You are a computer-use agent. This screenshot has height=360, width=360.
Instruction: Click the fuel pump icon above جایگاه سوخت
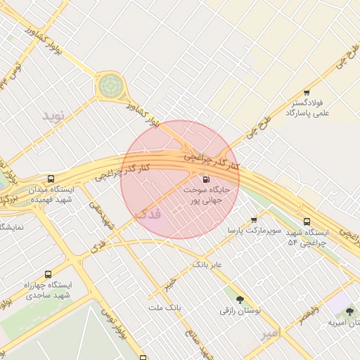click(x=205, y=179)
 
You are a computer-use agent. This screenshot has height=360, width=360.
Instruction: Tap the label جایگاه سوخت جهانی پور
click(x=206, y=194)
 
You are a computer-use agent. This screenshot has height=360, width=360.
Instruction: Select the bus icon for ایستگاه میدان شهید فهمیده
click(x=51, y=179)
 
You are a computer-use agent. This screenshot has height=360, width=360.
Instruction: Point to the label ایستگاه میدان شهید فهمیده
click(x=52, y=195)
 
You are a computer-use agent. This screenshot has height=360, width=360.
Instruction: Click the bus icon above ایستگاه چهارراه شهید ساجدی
click(x=48, y=274)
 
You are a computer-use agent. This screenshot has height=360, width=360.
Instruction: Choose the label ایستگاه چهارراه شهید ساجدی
click(x=49, y=290)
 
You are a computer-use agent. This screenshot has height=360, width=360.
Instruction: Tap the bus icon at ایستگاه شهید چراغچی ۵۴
click(x=307, y=222)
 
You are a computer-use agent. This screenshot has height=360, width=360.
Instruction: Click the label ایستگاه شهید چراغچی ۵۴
click(x=307, y=237)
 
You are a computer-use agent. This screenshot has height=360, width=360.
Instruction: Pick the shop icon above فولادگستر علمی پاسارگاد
click(x=307, y=92)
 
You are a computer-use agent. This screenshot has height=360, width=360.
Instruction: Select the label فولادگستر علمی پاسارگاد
click(x=308, y=108)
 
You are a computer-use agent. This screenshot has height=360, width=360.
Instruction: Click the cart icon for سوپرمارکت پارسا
click(x=254, y=220)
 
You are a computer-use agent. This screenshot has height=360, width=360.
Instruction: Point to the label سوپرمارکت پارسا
click(x=254, y=230)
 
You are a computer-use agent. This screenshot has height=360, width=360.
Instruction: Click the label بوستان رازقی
click(x=240, y=309)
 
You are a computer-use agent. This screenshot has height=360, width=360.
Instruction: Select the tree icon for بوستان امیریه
click(x=349, y=311)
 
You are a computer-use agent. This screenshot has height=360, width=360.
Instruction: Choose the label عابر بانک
click(x=207, y=265)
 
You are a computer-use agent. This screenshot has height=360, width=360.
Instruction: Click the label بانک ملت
click(x=165, y=308)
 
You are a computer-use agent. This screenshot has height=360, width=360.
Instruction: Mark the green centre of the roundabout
click(x=109, y=86)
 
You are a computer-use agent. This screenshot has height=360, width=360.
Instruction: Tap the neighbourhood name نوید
click(x=53, y=115)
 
